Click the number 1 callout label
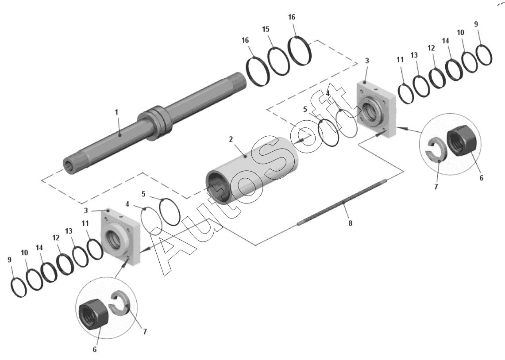pos(116,112)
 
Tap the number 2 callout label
pos(231,139)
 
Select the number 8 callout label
pos(351,223)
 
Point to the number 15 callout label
pos(266,29)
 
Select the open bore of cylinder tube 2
pos(219,190)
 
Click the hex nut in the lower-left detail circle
pos(93,314)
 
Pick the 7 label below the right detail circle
pos(436,187)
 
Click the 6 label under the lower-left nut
pos(95,349)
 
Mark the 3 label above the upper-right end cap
pos(367,61)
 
